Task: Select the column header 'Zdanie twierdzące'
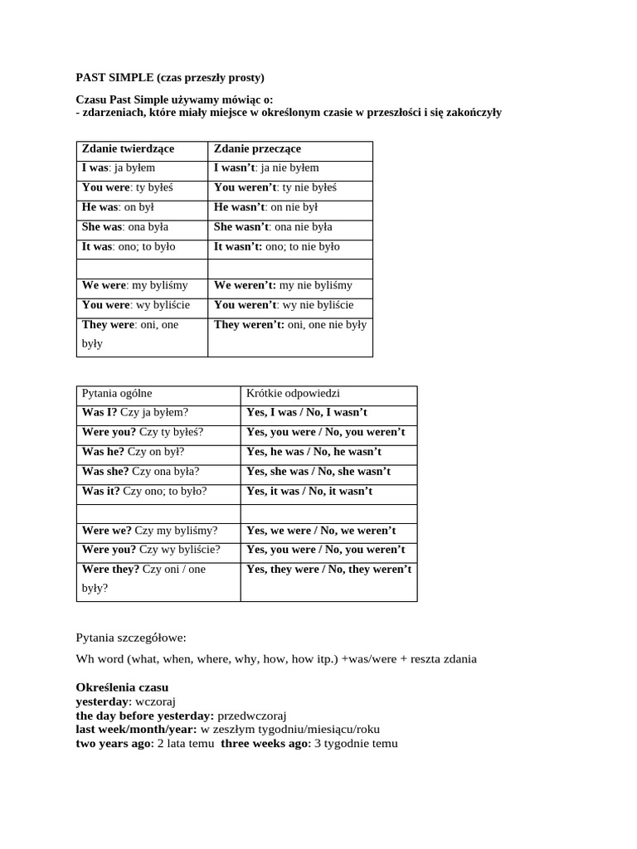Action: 128,148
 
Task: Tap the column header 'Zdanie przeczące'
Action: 257,148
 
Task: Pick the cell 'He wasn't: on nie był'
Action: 265,207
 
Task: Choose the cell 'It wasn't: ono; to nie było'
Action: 276,246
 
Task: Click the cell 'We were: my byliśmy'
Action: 134,285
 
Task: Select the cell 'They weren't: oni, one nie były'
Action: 289,325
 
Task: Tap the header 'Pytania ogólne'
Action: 117,393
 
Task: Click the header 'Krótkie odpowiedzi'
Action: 293,393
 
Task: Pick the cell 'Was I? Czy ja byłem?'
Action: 135,412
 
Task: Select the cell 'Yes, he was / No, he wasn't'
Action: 314,452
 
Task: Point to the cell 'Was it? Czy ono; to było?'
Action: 144,491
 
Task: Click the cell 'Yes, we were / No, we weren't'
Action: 321,531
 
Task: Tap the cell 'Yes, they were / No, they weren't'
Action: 328,570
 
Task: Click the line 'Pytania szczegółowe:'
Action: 131,638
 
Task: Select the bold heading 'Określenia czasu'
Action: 122,687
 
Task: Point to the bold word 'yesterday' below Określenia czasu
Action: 104,701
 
